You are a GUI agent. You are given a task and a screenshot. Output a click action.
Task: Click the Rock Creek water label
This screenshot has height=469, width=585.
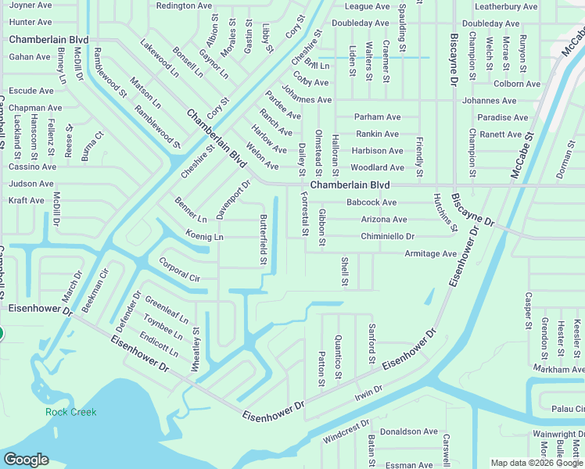click(70, 412)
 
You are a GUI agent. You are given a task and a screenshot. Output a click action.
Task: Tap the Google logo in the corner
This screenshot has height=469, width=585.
click(26, 460)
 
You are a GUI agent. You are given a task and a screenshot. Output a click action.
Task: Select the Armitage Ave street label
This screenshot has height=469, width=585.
click(430, 254)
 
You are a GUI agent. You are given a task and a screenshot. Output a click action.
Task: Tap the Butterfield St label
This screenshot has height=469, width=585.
click(264, 238)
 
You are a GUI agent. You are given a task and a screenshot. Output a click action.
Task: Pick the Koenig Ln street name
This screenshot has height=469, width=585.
click(204, 236)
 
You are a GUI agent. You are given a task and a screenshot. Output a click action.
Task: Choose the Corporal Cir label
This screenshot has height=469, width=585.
click(179, 268)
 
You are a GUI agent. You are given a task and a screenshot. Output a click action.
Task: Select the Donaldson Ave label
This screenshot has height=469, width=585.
click(408, 431)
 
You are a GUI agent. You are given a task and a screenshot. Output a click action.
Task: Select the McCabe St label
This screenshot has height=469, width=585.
click(521, 154)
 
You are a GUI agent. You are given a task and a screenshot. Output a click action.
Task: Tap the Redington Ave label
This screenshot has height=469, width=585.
click(184, 5)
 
